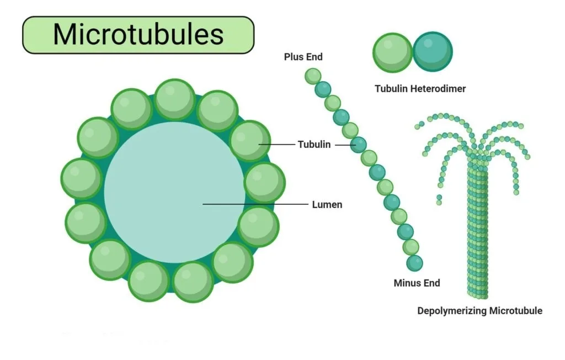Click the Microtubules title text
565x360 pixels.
(138, 35)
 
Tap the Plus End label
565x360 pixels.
(303, 57)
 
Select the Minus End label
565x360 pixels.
(417, 283)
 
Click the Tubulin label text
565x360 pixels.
(314, 144)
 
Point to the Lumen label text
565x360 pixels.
(327, 204)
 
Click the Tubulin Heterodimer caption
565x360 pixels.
(420, 89)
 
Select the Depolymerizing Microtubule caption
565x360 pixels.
(479, 311)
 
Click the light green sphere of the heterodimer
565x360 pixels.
(392, 52)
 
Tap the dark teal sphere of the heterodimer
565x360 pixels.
(433, 52)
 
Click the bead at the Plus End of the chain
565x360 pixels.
(313, 76)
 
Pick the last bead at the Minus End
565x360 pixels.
(414, 263)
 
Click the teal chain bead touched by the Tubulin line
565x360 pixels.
(358, 145)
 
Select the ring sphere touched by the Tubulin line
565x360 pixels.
(250, 141)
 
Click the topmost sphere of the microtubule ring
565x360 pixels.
(175, 99)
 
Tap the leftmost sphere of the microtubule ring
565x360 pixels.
(82, 178)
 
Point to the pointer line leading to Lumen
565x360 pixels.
(255, 204)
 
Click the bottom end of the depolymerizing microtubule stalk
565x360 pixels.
(478, 297)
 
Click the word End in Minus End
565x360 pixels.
(431, 283)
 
